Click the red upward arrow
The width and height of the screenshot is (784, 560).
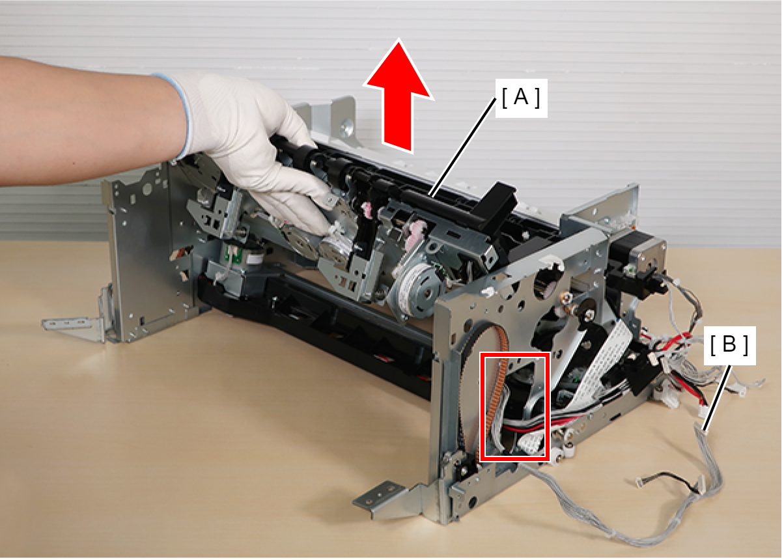click(x=399, y=102)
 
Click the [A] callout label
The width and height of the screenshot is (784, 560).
click(x=521, y=98)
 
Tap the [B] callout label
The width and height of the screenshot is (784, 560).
click(x=729, y=346)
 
